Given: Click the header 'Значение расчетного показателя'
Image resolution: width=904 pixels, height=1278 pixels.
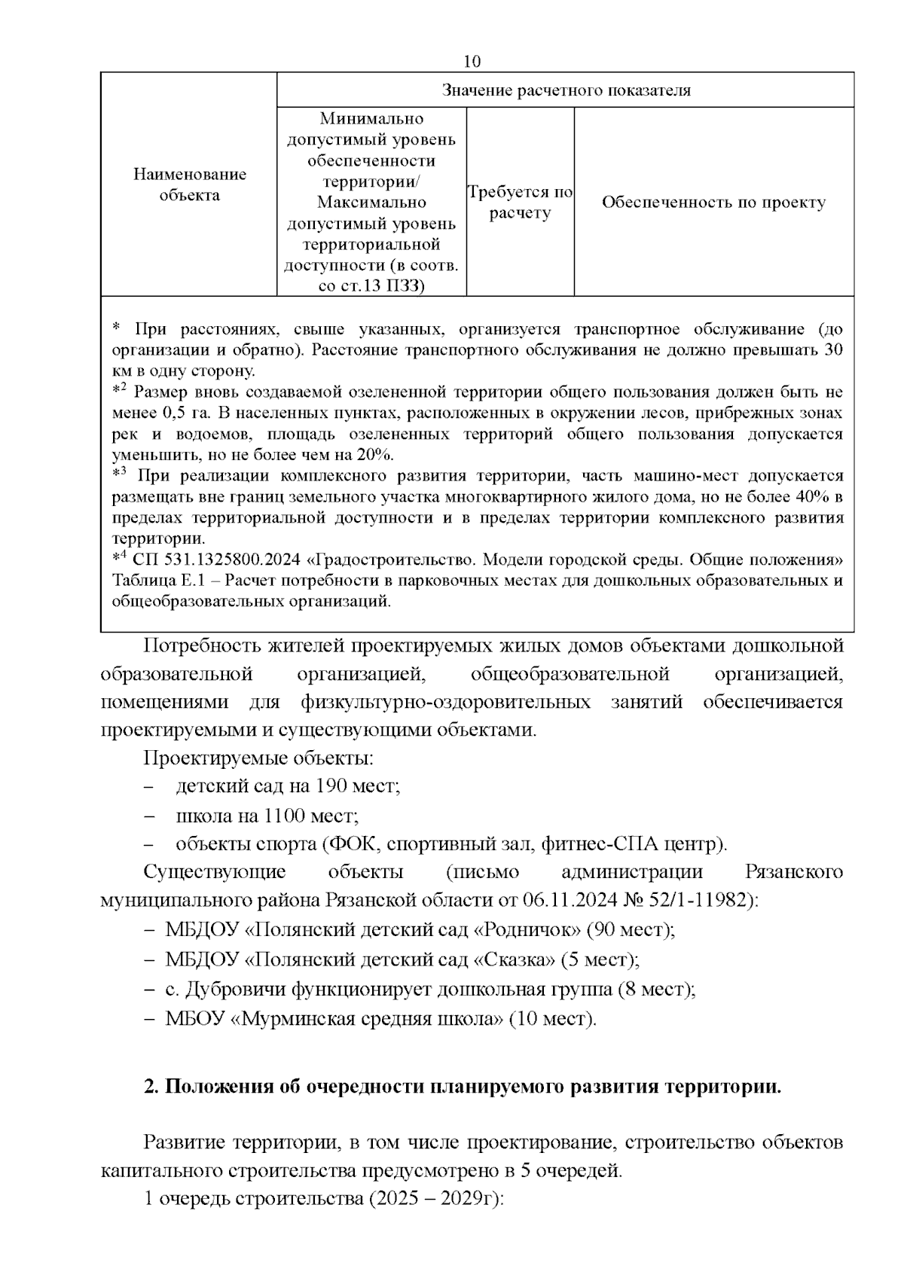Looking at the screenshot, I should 566,90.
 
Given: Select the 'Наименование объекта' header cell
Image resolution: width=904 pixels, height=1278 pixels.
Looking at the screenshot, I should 190,185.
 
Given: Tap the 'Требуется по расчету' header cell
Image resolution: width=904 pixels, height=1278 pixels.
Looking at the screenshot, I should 520,203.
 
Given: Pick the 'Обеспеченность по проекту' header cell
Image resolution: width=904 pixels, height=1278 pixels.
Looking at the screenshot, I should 713,203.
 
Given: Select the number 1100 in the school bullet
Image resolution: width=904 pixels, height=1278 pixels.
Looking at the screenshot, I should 282,816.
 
